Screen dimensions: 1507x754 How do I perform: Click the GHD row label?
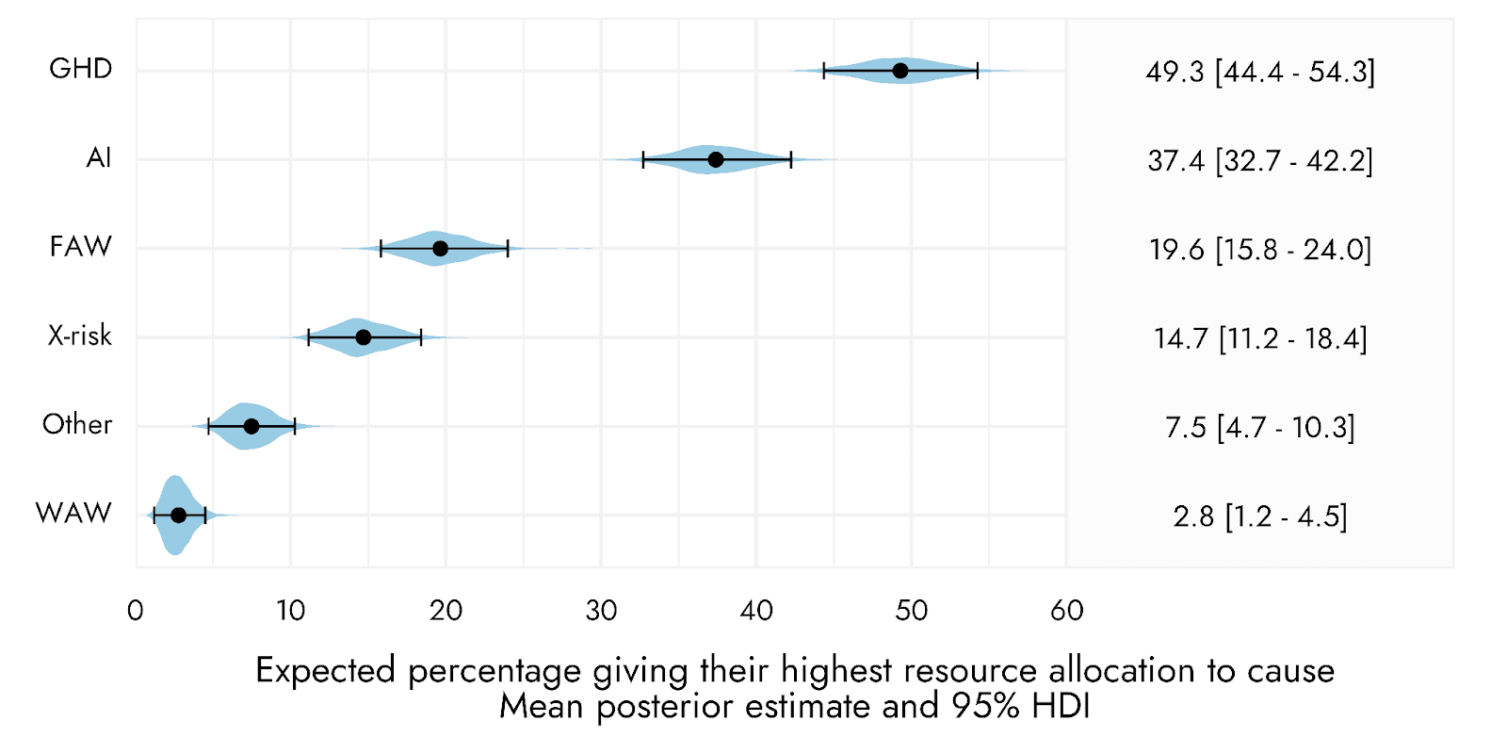[81, 69]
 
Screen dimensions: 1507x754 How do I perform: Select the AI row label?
[98, 158]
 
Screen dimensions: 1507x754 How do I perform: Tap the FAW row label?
[81, 247]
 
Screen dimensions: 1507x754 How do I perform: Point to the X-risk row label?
[80, 336]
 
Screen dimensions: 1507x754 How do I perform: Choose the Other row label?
[77, 425]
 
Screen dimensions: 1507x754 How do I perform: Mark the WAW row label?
[74, 514]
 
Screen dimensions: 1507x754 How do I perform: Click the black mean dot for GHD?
[900, 71]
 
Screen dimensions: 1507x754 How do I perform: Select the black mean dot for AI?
[716, 159]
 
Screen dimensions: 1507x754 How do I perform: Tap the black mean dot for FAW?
[440, 249]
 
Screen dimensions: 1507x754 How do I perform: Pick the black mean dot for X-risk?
[364, 337]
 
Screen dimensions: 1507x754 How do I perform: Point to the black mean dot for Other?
[251, 426]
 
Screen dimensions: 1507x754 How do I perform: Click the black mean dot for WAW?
[178, 515]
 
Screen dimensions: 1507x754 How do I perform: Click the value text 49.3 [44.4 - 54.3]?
[1260, 72]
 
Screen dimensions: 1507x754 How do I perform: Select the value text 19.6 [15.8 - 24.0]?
[1260, 250]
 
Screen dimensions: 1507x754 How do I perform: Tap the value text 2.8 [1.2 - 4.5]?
[1260, 517]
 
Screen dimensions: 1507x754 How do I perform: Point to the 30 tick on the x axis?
[601, 612]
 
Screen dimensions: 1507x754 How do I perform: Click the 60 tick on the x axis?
[1067, 612]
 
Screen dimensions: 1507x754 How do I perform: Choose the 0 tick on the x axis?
[136, 612]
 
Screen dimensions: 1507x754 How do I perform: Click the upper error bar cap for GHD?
[978, 71]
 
